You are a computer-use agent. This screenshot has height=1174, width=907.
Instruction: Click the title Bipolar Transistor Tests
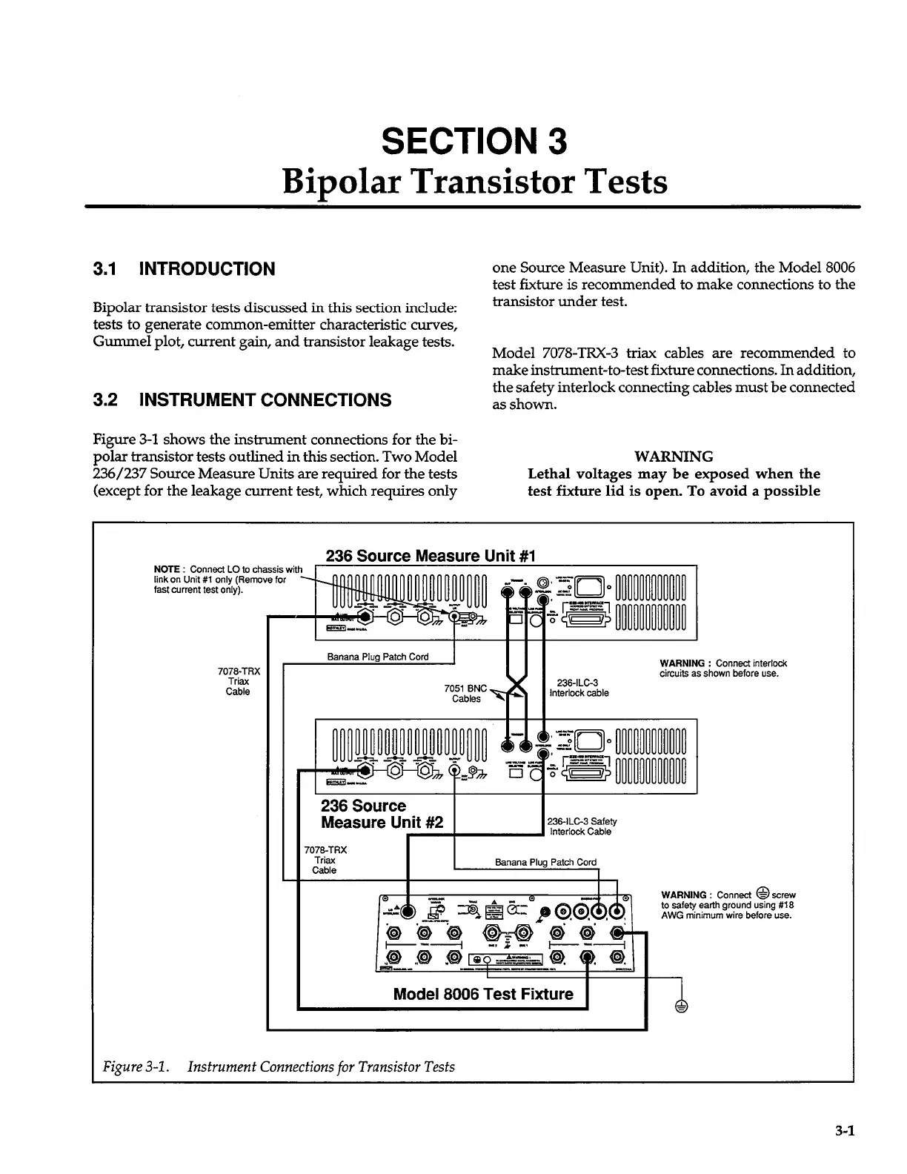474,182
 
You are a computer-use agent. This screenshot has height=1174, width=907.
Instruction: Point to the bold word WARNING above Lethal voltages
674,457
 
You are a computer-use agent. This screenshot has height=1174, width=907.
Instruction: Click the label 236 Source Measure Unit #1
431,556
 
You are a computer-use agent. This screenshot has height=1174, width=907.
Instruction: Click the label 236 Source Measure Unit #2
382,814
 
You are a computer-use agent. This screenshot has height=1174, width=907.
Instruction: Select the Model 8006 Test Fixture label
483,994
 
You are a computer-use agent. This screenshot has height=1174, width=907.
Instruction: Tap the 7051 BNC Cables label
466,693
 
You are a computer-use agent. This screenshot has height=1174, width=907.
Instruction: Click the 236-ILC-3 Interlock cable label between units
579,688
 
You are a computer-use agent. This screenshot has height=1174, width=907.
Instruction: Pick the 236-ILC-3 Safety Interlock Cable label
582,826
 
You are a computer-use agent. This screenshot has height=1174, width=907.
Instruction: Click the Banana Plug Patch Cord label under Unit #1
378,657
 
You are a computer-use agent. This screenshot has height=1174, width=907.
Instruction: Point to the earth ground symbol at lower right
681,1006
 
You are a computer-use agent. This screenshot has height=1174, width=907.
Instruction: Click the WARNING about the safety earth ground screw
728,904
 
